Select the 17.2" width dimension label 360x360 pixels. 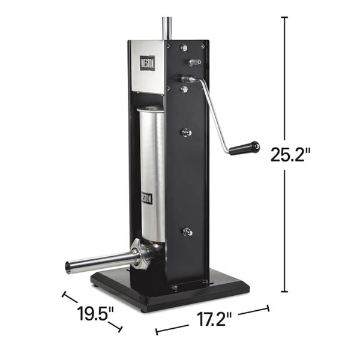pyautogui.click(x=211, y=318)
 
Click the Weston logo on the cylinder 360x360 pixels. pyautogui.click(x=147, y=197)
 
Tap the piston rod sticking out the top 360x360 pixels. pyautogui.click(x=166, y=27)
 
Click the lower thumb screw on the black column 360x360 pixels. pyautogui.click(x=188, y=232)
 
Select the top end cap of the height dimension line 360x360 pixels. pyautogui.click(x=284, y=17)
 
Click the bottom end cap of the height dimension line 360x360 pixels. pyautogui.click(x=284, y=292)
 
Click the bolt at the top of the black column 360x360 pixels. pyautogui.click(x=184, y=47)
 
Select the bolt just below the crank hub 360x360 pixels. pyautogui.click(x=184, y=90)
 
